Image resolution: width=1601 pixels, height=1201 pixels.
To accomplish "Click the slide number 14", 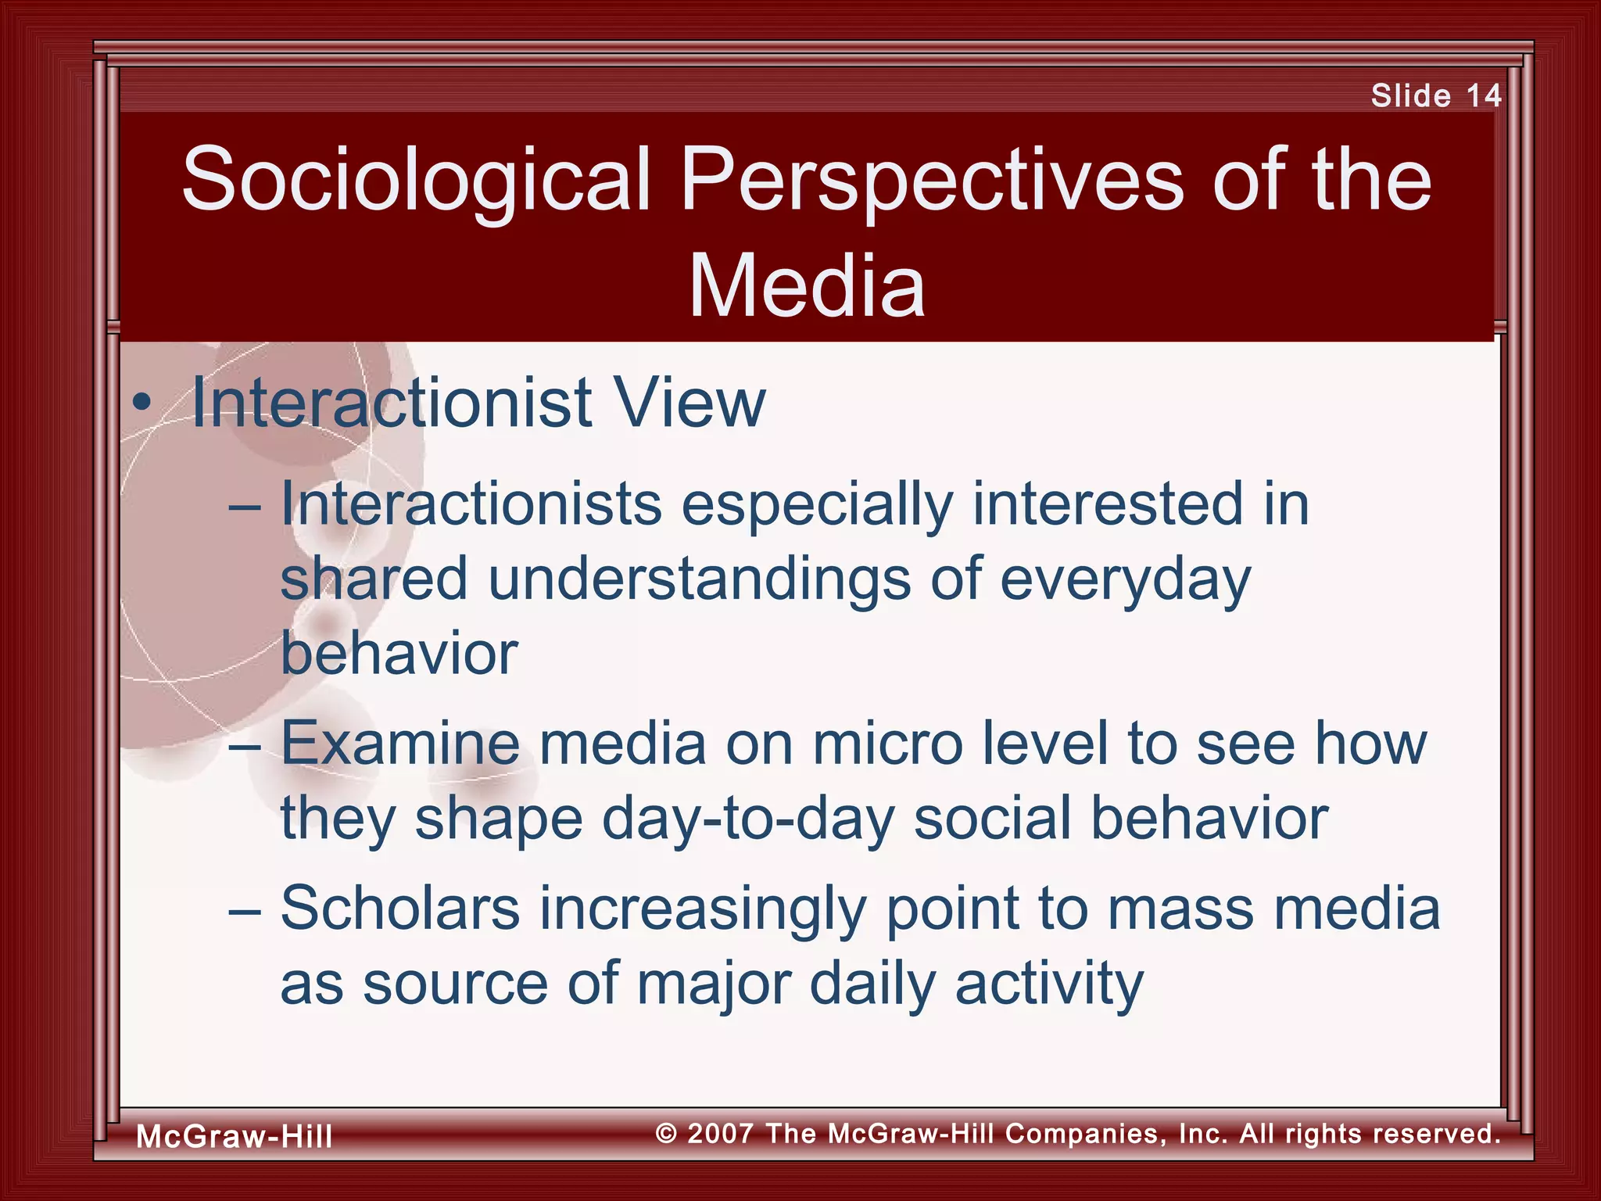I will pyautogui.click(x=1483, y=96).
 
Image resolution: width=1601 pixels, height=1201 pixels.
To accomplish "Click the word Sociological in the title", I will pyautogui.click(x=416, y=181).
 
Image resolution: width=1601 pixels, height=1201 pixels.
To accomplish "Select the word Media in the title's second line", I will pyautogui.click(x=807, y=287).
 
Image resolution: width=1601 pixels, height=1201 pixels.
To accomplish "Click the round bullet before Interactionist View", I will pyautogui.click(x=141, y=404).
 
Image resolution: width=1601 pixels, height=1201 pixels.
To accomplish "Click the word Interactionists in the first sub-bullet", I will pyautogui.click(x=471, y=504).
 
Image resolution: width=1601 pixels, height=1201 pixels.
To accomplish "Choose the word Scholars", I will pyautogui.click(x=400, y=909).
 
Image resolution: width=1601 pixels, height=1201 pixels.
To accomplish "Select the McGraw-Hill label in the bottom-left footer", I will pyautogui.click(x=235, y=1136).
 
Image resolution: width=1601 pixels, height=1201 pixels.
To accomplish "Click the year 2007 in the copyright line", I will pyautogui.click(x=721, y=1133).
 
